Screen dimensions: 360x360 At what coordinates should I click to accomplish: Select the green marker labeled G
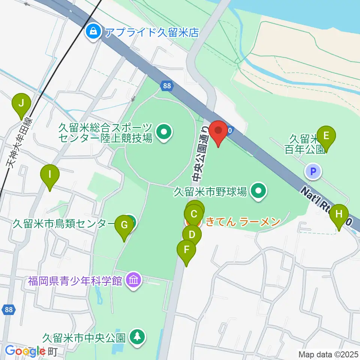[x=124, y=226]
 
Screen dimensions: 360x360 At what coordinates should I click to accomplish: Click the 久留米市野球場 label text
[x=210, y=192]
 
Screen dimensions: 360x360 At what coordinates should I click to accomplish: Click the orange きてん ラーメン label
[x=243, y=222]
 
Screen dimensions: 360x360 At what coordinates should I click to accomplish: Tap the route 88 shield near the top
[x=167, y=86]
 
